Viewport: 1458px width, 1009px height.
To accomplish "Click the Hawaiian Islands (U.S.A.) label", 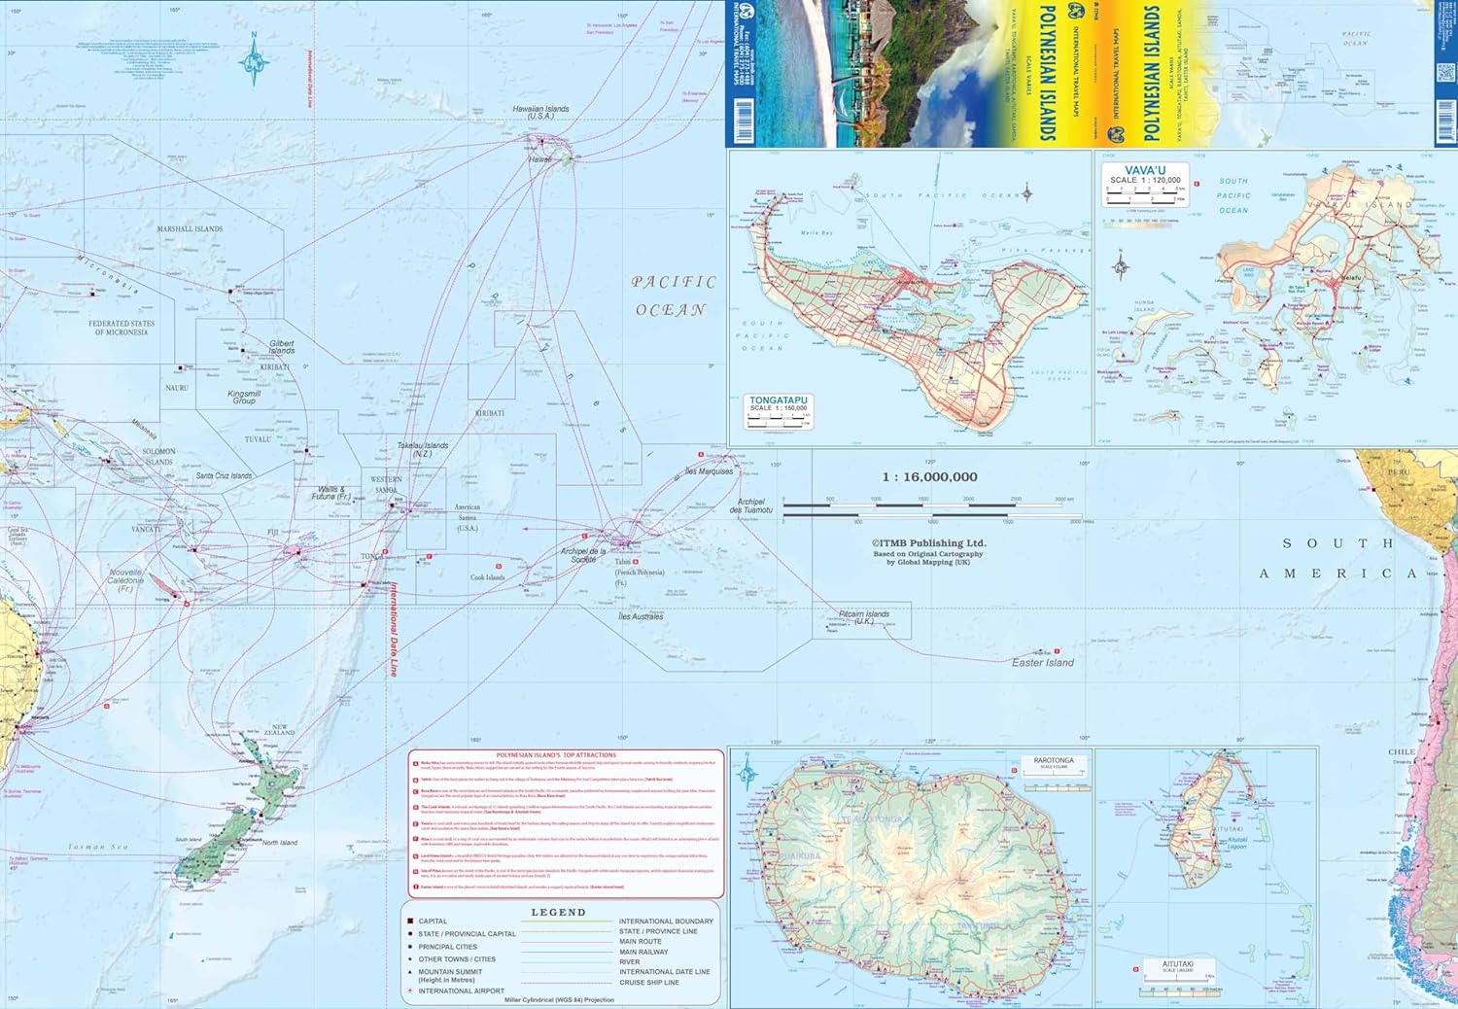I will (540, 113).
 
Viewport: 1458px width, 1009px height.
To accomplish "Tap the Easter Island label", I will (1042, 663).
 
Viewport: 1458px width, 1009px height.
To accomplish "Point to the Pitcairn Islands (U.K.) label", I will (863, 617).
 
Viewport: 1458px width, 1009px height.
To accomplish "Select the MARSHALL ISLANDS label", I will (190, 229).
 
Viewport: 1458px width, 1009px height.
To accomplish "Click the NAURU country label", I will (176, 388).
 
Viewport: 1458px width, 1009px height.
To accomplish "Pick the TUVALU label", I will (258, 439).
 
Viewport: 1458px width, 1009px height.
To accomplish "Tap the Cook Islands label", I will (487, 577).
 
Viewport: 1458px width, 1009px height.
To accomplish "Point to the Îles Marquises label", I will (709, 471).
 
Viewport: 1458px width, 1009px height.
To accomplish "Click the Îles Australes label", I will (641, 616).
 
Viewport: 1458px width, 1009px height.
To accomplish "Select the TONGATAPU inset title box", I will (779, 403).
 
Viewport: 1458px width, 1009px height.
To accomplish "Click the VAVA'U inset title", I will (1145, 171).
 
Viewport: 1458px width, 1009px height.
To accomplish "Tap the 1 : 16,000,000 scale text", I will (929, 477).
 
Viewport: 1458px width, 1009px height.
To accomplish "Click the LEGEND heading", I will (558, 913).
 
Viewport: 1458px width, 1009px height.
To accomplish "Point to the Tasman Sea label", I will (98, 847).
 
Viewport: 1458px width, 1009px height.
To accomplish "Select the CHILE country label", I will (1402, 751).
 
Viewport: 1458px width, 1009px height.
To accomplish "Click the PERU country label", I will (1399, 471).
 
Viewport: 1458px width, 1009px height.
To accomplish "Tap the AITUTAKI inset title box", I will (1177, 965).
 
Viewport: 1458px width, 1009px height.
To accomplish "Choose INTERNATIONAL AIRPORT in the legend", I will (461, 991).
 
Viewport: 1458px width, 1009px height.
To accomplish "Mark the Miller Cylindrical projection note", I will (559, 1000).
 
